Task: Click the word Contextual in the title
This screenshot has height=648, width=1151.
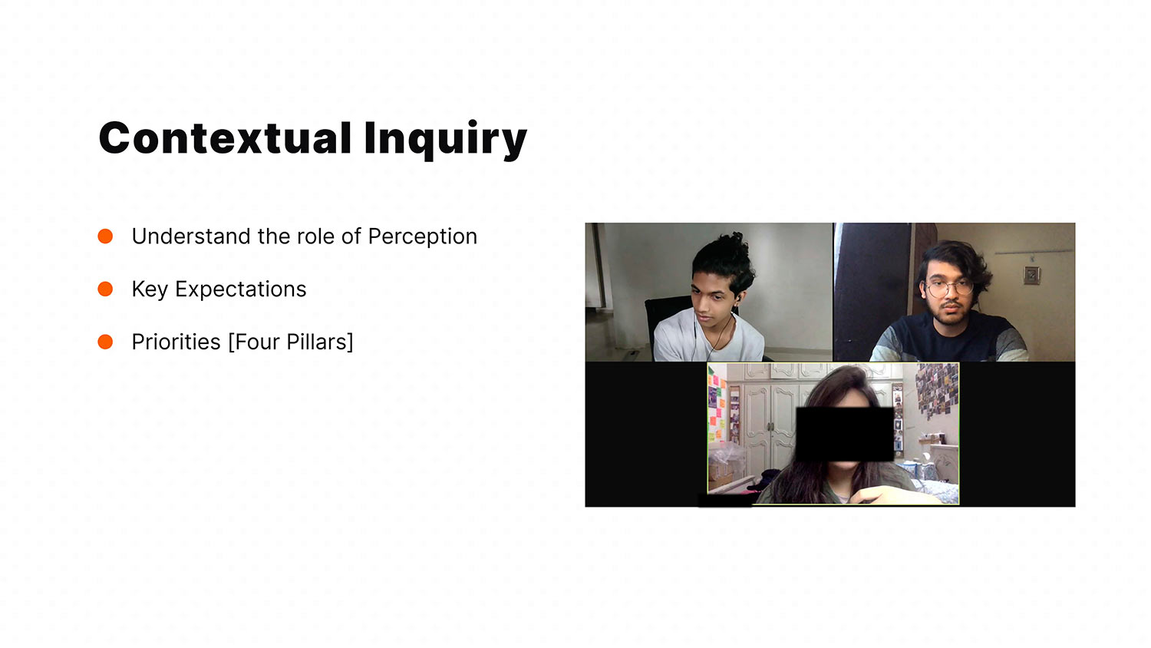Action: pos(225,138)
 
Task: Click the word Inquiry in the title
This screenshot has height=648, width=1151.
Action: pos(446,141)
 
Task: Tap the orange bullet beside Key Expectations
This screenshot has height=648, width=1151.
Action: pos(105,289)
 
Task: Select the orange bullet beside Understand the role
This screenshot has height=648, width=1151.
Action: pos(105,236)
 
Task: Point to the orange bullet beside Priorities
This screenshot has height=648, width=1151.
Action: pos(105,342)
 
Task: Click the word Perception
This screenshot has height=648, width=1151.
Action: pos(422,237)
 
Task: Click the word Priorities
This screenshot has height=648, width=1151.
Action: pos(176,342)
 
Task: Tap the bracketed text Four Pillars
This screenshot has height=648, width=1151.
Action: pos(291,342)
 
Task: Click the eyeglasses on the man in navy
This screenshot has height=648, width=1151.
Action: pos(950,287)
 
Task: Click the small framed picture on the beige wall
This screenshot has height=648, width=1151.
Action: pos(1031,275)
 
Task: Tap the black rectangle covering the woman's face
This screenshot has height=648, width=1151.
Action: pos(844,434)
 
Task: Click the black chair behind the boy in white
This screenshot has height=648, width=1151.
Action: pos(668,324)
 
